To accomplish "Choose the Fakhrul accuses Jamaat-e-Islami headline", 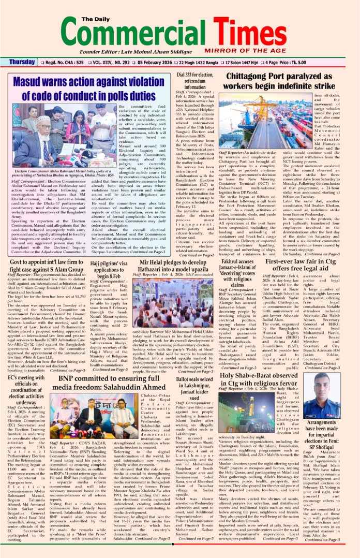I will (x=239, y=273).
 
